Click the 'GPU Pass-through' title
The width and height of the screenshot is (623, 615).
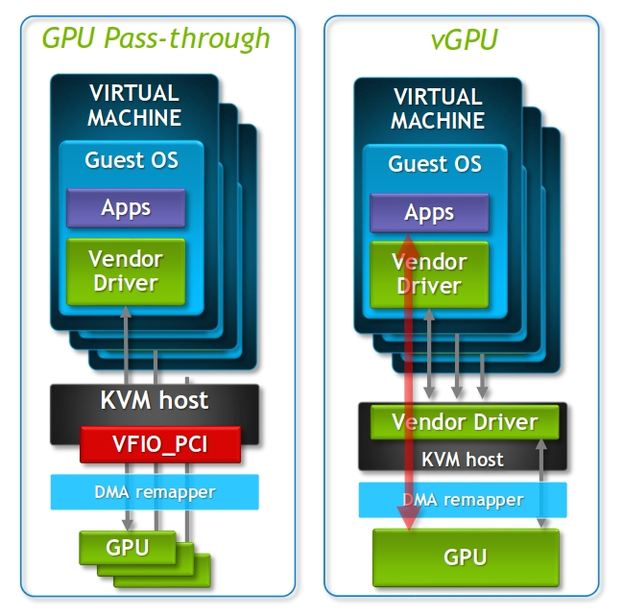156,37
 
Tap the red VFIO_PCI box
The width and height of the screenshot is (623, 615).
159,444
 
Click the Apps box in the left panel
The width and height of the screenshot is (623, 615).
125,207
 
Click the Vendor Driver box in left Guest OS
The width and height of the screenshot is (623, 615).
125,271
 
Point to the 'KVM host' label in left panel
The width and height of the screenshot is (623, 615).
155,399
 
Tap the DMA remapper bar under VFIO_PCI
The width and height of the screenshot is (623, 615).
155,492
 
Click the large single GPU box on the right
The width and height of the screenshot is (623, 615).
465,556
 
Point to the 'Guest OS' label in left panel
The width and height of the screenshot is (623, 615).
132,159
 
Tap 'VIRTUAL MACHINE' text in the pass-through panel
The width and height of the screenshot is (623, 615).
133,106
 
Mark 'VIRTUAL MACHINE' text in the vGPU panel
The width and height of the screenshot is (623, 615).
437,109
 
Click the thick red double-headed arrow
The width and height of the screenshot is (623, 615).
408,384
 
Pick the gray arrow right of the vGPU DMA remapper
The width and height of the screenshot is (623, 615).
544,480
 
